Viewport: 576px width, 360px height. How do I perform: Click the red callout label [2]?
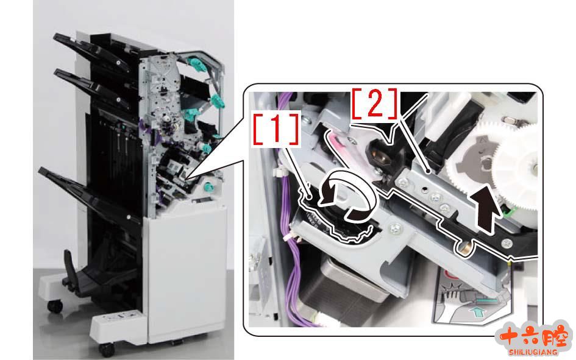[x=375, y=104]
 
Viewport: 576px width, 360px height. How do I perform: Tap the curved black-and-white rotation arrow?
[x=347, y=196]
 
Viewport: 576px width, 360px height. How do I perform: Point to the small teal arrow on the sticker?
[x=478, y=312]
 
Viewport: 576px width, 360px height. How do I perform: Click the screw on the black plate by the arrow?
[x=507, y=242]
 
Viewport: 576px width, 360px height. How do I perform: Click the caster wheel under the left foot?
[x=55, y=306]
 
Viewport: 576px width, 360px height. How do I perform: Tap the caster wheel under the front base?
[x=107, y=350]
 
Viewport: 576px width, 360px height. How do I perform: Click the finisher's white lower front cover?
[x=185, y=272]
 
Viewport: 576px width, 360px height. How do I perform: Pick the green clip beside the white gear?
[x=509, y=210]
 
